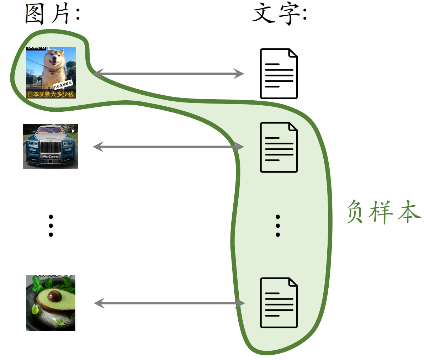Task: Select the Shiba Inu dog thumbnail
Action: pyautogui.click(x=51, y=73)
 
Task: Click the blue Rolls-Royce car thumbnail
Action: pyautogui.click(x=51, y=147)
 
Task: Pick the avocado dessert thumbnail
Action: pyautogui.click(x=51, y=303)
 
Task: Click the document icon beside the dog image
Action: pyautogui.click(x=279, y=74)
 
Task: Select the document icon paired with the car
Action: pyautogui.click(x=279, y=147)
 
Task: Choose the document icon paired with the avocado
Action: pyautogui.click(x=279, y=303)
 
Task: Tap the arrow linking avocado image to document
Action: pyautogui.click(x=169, y=303)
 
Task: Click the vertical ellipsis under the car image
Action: pyautogui.click(x=51, y=226)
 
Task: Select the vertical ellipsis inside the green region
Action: pyautogui.click(x=278, y=226)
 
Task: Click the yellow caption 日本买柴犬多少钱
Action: pyautogui.click(x=51, y=94)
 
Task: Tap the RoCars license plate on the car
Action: pyautogui.click(x=50, y=157)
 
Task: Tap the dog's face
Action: pyautogui.click(x=55, y=60)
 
